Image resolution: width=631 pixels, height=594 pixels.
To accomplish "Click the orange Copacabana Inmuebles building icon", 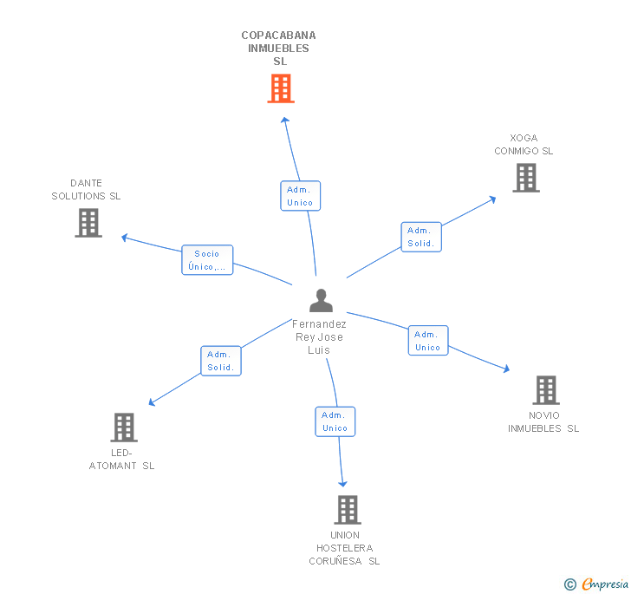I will click(280, 88).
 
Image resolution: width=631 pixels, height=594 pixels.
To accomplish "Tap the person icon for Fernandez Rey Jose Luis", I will click(321, 300).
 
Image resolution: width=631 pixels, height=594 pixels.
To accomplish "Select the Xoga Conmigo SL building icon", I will click(525, 178).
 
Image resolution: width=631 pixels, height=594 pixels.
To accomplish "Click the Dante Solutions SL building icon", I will click(88, 223).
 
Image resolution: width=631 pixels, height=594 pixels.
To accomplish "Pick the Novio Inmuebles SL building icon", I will click(545, 390).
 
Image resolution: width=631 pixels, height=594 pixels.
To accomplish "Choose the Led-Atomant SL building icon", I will click(124, 428).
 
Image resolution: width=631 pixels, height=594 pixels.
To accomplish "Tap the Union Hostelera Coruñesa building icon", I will click(347, 510).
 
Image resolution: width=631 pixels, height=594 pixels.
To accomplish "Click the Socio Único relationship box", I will click(207, 260).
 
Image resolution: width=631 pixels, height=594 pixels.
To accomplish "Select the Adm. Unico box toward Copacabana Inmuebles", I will click(300, 196).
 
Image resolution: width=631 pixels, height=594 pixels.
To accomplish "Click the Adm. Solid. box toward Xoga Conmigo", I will click(421, 237).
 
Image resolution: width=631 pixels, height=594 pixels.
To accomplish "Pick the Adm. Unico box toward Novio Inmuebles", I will click(428, 341).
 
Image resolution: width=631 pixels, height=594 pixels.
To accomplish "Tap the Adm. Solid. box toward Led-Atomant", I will click(221, 361).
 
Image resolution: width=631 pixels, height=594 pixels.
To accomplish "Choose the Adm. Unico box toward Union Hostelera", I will click(335, 421).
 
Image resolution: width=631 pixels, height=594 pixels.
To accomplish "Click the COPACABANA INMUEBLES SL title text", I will click(279, 49).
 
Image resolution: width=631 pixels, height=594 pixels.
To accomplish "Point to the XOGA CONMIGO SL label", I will click(524, 144).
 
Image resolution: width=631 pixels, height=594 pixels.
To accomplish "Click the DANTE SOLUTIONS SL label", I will click(86, 189).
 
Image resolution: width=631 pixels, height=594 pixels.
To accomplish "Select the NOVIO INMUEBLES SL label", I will click(543, 421).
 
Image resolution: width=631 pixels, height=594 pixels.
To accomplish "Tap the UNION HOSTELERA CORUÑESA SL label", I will click(344, 548).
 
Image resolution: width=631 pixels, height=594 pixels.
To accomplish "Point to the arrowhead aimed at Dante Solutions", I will click(124, 237).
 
